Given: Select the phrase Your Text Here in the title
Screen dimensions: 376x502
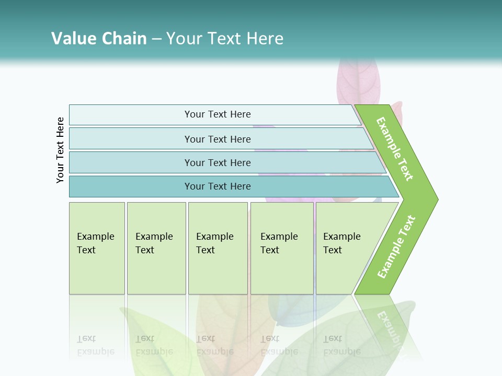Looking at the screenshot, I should (x=225, y=39).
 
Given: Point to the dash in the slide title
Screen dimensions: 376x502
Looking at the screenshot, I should (x=156, y=39).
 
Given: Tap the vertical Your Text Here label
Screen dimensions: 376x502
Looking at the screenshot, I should (x=60, y=150).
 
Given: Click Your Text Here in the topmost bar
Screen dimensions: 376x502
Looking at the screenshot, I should (x=218, y=114).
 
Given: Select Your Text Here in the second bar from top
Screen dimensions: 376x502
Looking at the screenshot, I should (x=218, y=139).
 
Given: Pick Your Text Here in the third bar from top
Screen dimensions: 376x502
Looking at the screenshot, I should (x=218, y=162).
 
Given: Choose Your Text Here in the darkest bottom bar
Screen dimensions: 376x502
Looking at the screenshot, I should (x=218, y=186).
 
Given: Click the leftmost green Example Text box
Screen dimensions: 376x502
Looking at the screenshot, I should (x=96, y=248).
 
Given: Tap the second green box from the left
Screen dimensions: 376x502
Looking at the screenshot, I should (x=156, y=248).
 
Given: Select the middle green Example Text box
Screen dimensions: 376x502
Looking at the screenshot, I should (x=218, y=248).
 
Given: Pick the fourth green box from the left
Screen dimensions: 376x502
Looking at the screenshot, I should (x=281, y=248).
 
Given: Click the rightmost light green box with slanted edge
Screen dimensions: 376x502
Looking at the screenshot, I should (x=345, y=248).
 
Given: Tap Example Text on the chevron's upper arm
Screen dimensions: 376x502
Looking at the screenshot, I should (x=395, y=149).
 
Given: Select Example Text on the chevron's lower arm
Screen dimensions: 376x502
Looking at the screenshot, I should (x=396, y=246).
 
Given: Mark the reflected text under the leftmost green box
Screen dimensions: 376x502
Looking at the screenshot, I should (x=95, y=345).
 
